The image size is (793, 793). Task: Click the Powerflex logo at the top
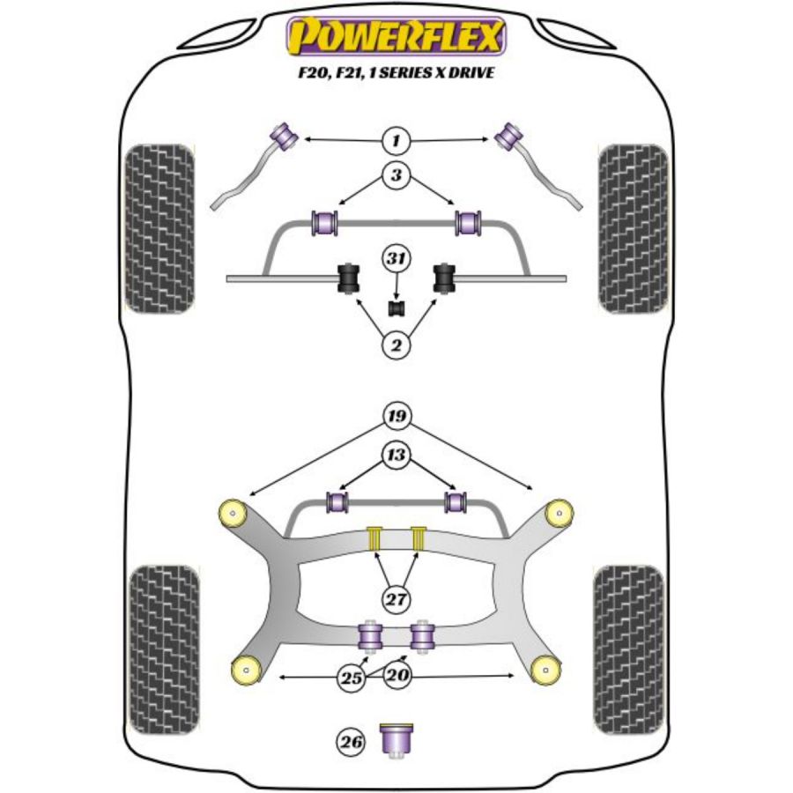396,38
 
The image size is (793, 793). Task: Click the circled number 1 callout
396,139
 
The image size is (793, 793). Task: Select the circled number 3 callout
396,176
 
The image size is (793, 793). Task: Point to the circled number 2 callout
396,345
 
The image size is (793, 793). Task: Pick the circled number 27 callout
396,600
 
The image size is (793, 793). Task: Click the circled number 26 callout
352,742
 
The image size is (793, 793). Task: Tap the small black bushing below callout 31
396,308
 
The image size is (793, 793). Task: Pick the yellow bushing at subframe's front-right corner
557,511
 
